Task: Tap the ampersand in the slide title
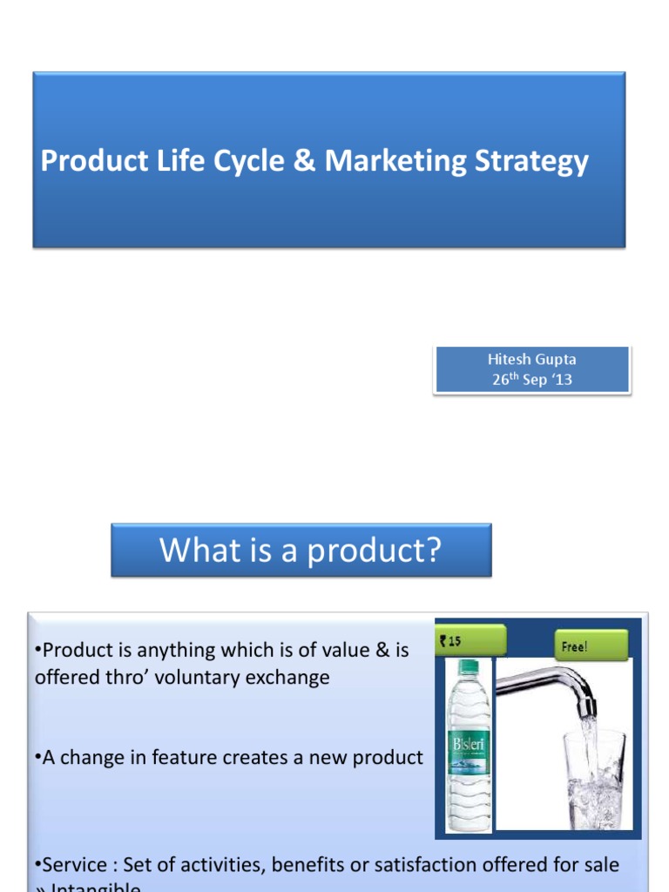pyautogui.click(x=304, y=161)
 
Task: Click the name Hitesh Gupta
pyautogui.click(x=531, y=359)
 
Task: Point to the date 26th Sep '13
pyautogui.click(x=531, y=380)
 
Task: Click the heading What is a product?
pyautogui.click(x=301, y=550)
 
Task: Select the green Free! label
pyautogui.click(x=591, y=646)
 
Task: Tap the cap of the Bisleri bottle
pyautogui.click(x=466, y=666)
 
